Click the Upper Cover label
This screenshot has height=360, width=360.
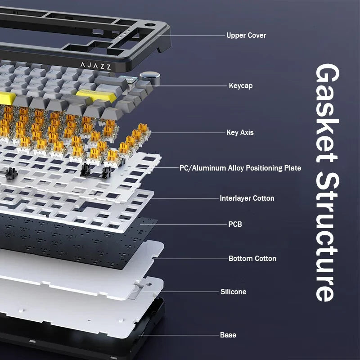coord(246,36)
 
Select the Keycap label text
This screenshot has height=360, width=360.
coord(241,86)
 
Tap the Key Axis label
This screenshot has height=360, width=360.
coord(240,132)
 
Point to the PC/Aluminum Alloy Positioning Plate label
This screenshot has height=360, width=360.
coord(240,168)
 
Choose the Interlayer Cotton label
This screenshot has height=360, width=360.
coord(247,198)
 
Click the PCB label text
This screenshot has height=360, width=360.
coord(235,224)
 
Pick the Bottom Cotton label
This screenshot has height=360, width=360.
coord(252,258)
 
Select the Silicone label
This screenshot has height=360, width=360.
coord(233,292)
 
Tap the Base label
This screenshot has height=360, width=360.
coord(228,335)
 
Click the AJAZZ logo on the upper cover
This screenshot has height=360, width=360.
coord(96,66)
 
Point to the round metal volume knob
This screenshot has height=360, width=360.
coord(150,77)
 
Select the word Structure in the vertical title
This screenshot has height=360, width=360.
coord(327,237)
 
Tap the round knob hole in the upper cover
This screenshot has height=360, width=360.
coord(150,25)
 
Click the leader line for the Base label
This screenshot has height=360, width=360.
coord(179,335)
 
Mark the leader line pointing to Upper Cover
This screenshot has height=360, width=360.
coord(191,36)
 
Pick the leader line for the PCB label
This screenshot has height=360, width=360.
coord(183,224)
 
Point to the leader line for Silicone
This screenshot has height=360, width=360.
coord(180,292)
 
